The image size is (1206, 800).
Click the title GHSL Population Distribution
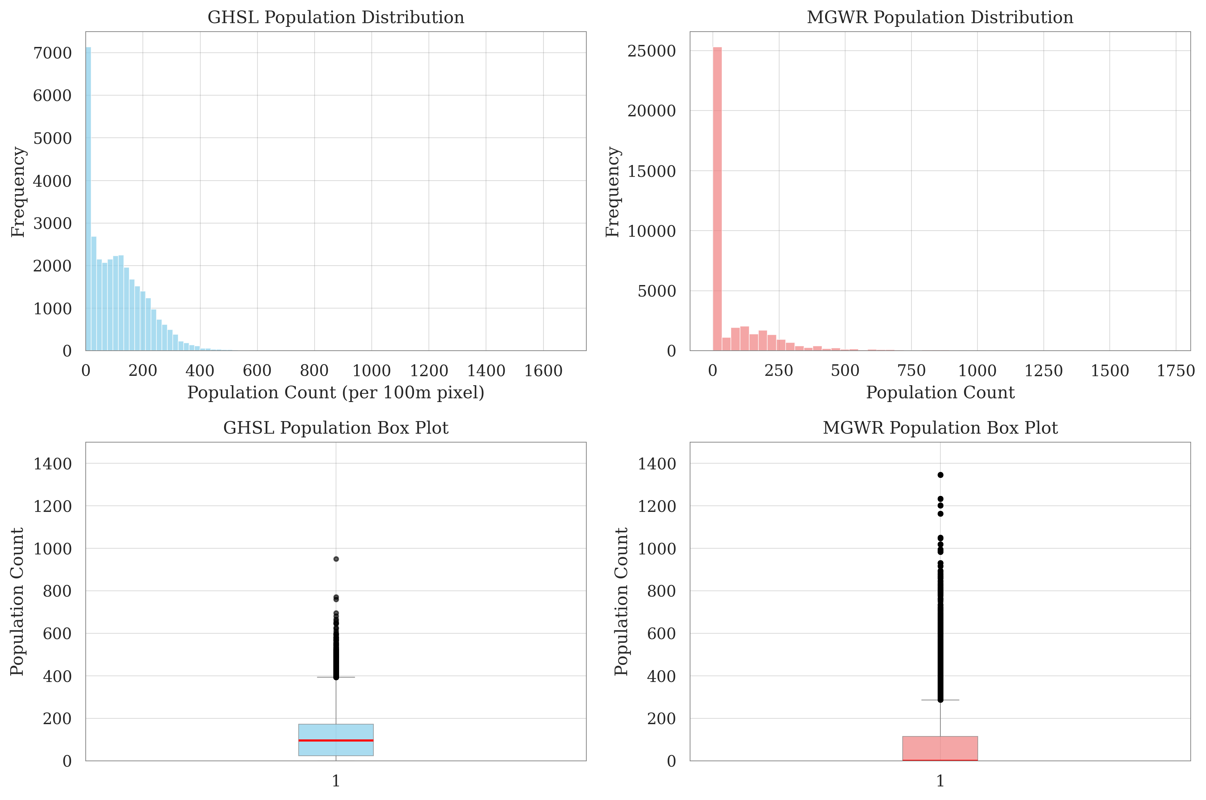[x=336, y=17]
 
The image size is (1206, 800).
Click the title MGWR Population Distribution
[x=940, y=17]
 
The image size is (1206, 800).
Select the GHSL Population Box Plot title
[x=336, y=428]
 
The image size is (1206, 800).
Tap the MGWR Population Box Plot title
[x=940, y=428]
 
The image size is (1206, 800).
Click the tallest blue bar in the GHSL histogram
[x=88, y=204]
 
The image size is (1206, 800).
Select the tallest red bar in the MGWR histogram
[x=717, y=204]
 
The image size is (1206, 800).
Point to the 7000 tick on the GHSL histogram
[x=52, y=53]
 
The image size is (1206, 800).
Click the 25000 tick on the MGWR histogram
[x=652, y=51]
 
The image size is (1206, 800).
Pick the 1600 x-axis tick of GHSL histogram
[x=543, y=371]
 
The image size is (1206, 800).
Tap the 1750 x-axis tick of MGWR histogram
[x=1175, y=371]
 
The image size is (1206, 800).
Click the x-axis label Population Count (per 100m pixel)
[x=336, y=393]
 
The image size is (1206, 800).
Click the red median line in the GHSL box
[x=336, y=740]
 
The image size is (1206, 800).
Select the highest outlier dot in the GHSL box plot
[x=336, y=559]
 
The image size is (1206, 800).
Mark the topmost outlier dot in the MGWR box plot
[x=940, y=475]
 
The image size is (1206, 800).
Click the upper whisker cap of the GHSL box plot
[x=336, y=677]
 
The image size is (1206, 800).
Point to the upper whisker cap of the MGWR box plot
[x=940, y=700]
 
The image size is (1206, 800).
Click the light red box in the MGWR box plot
[x=940, y=748]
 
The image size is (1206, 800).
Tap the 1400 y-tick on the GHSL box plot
[x=52, y=464]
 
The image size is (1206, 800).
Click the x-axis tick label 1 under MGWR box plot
[x=940, y=781]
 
